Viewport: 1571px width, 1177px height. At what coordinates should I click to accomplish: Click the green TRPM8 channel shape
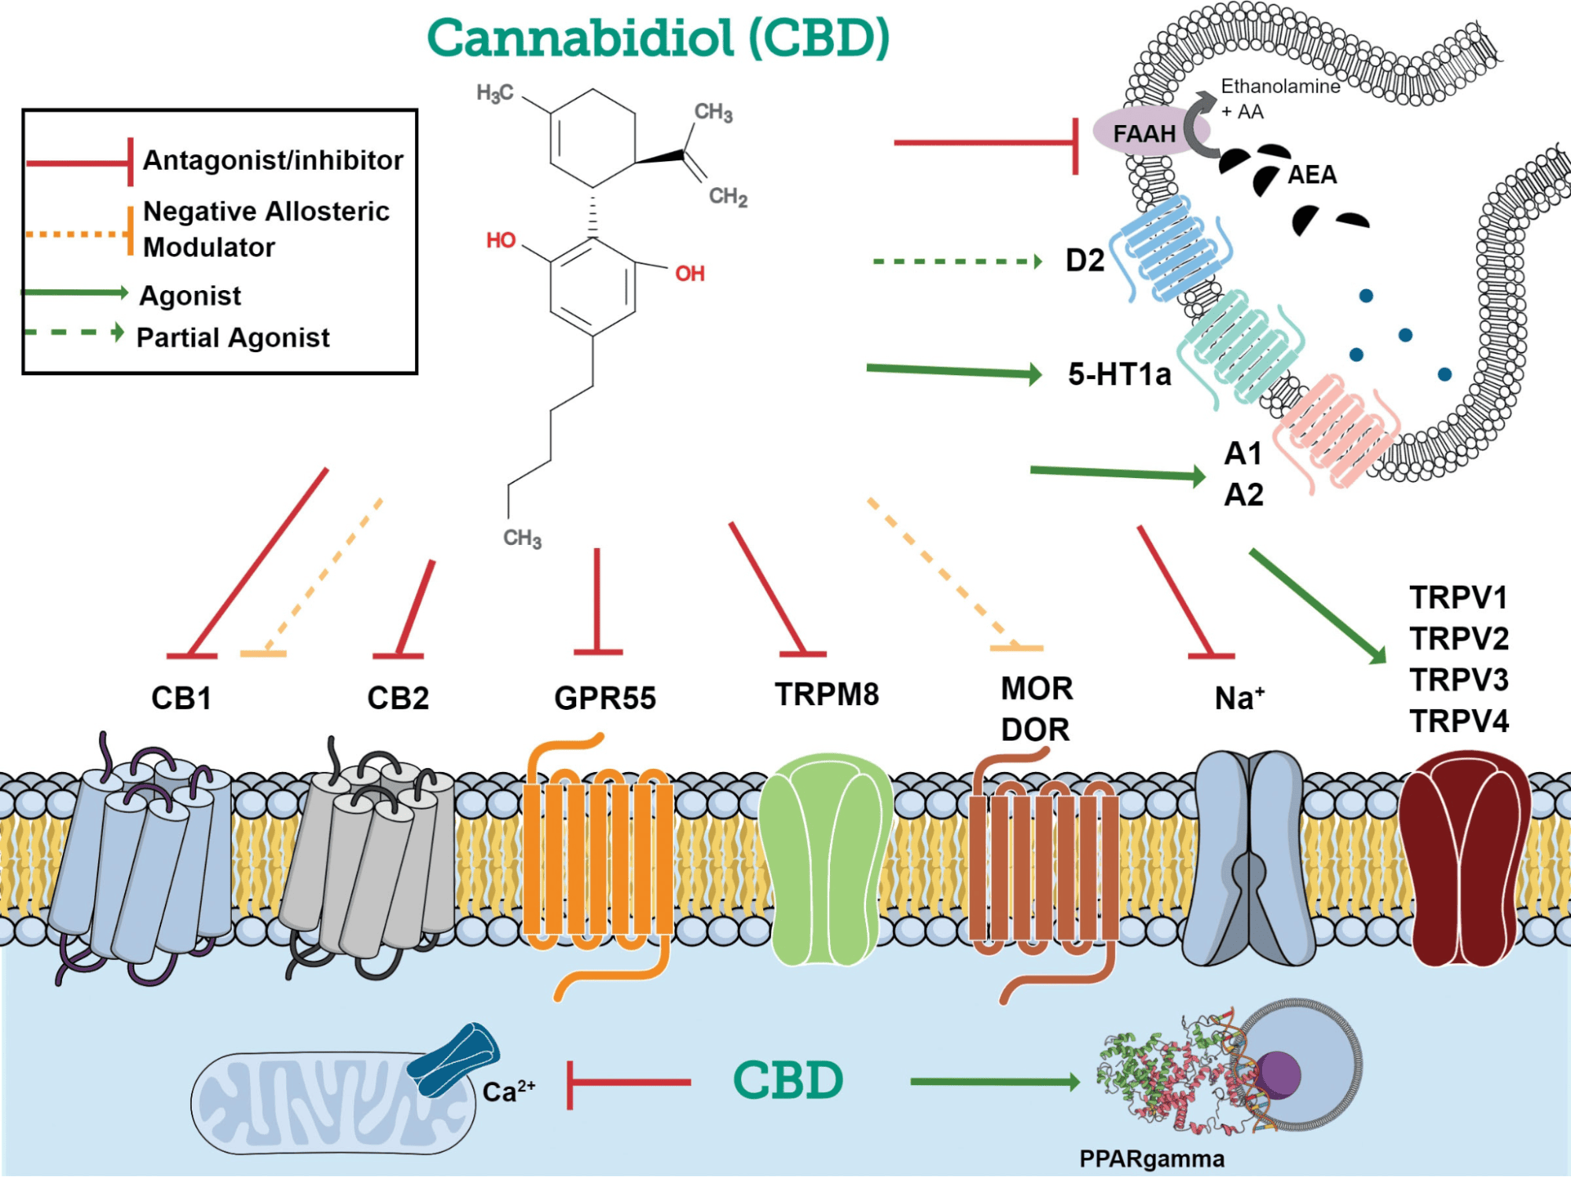tap(825, 857)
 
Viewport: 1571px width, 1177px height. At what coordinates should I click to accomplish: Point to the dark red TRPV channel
tap(1463, 857)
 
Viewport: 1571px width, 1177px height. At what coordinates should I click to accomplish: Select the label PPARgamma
tap(1151, 1159)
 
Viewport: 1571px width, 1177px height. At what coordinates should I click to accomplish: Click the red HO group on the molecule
tap(501, 240)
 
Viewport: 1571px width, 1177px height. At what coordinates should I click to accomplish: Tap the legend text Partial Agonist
tap(233, 337)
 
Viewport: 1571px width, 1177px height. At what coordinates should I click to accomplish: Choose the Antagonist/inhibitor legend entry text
tap(273, 160)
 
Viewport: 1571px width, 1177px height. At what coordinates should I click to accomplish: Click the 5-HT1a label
tap(1118, 374)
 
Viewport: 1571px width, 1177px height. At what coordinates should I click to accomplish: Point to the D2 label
tap(1085, 260)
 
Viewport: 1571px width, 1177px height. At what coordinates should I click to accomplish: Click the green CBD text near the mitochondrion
tap(787, 1080)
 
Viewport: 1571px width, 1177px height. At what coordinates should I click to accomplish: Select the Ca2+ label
tap(508, 1091)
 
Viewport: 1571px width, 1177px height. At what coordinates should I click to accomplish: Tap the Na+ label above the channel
tap(1239, 698)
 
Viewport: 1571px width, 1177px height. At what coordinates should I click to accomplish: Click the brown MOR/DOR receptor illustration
tap(1044, 865)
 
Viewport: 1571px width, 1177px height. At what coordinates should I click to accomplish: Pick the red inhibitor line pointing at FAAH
tap(982, 143)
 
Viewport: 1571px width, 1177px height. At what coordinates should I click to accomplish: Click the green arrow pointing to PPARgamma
tap(994, 1083)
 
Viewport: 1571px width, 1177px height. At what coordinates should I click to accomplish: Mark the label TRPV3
tap(1459, 679)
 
